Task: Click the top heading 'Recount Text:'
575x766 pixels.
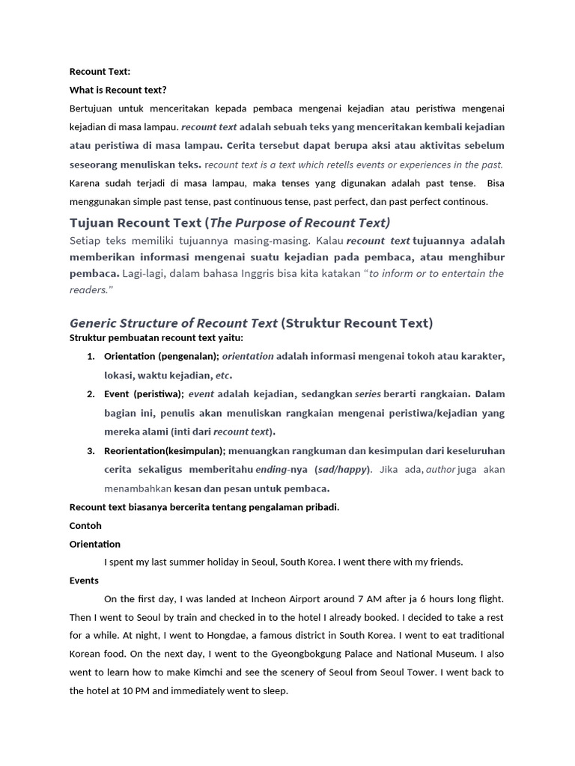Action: point(100,72)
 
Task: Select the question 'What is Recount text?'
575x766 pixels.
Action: point(118,90)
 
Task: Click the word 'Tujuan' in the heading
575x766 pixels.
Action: point(93,223)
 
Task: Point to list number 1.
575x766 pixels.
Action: point(90,357)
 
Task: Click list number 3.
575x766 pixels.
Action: point(90,451)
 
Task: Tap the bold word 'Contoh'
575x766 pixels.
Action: point(85,526)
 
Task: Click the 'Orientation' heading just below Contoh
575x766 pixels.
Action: point(94,544)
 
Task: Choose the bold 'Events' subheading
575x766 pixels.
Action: point(84,580)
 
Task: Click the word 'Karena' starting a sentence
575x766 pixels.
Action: point(85,183)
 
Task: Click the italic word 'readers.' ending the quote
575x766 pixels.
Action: point(91,289)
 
